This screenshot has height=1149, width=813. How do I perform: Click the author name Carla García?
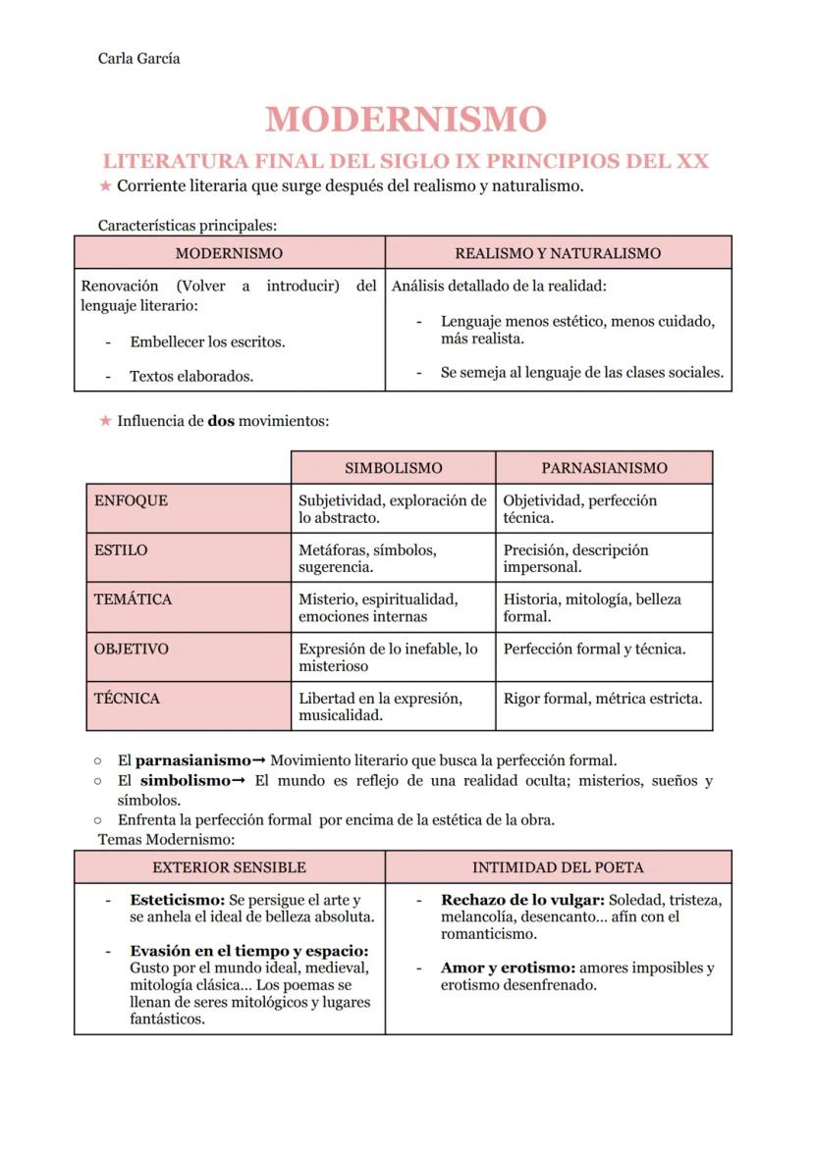click(x=138, y=58)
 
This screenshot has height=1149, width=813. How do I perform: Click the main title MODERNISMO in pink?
click(x=406, y=119)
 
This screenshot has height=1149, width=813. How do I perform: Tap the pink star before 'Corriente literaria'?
click(x=105, y=186)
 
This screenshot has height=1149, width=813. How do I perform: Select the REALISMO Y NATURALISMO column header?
click(x=558, y=253)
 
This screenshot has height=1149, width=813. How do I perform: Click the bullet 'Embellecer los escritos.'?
click(x=207, y=342)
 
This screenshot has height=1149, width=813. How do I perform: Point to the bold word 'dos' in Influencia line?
click(x=221, y=421)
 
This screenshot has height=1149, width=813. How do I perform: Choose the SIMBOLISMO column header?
click(x=393, y=468)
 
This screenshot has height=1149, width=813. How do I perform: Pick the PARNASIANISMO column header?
click(x=604, y=468)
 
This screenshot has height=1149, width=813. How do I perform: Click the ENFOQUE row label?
click(x=131, y=500)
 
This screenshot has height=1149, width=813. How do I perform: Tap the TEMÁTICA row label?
click(x=133, y=600)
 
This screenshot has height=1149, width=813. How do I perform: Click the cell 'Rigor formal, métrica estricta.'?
click(x=603, y=699)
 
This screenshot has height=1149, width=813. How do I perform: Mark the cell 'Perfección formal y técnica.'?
click(x=594, y=649)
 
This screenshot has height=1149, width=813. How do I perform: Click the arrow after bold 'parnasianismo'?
click(x=259, y=760)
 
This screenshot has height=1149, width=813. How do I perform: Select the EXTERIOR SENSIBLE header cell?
click(x=229, y=867)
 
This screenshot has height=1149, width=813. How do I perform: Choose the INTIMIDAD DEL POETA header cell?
click(x=558, y=867)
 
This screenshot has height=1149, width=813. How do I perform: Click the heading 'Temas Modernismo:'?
click(x=167, y=840)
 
